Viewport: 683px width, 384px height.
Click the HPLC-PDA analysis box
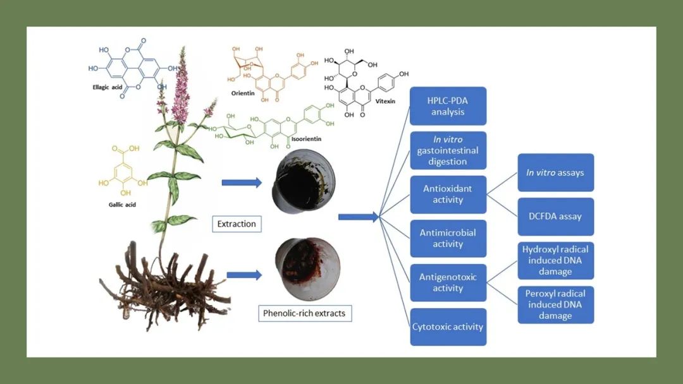(x=448, y=105)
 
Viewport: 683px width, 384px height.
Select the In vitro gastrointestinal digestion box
(x=448, y=150)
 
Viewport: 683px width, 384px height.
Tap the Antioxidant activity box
(x=448, y=194)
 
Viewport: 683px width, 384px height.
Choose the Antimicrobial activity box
(x=448, y=238)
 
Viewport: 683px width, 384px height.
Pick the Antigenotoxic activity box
(x=448, y=282)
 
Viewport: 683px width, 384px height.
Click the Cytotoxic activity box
(x=448, y=327)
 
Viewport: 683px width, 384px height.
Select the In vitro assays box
(x=555, y=172)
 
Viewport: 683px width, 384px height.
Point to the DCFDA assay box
(x=555, y=217)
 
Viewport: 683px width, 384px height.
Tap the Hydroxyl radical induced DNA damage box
(x=555, y=260)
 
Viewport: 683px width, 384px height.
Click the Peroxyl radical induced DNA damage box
(x=555, y=304)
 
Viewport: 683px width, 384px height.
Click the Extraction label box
(x=237, y=224)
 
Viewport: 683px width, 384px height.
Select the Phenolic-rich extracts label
(x=305, y=313)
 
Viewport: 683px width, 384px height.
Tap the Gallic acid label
(x=122, y=205)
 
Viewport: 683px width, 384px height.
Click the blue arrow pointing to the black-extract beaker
(x=241, y=183)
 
